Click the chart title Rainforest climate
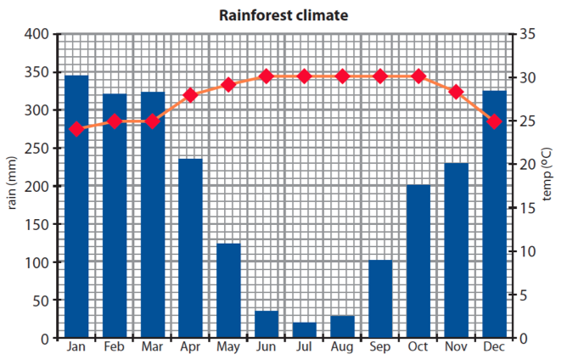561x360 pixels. (283, 15)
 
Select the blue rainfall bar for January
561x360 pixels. (76, 206)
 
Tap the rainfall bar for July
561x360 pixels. (305, 330)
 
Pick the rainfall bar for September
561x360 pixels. (380, 299)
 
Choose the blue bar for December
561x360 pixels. (495, 214)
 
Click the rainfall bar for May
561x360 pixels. (228, 290)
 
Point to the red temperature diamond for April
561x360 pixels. (190, 96)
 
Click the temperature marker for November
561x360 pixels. (456, 92)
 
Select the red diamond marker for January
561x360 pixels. (76, 129)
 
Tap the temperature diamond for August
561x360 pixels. (342, 76)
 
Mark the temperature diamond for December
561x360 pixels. (495, 121)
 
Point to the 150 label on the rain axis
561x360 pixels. (36, 224)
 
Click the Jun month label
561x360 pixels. (266, 346)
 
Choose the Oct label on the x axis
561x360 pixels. (418, 346)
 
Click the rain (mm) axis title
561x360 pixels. (12, 183)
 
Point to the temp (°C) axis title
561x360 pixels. (547, 174)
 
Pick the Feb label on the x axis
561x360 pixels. (114, 346)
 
